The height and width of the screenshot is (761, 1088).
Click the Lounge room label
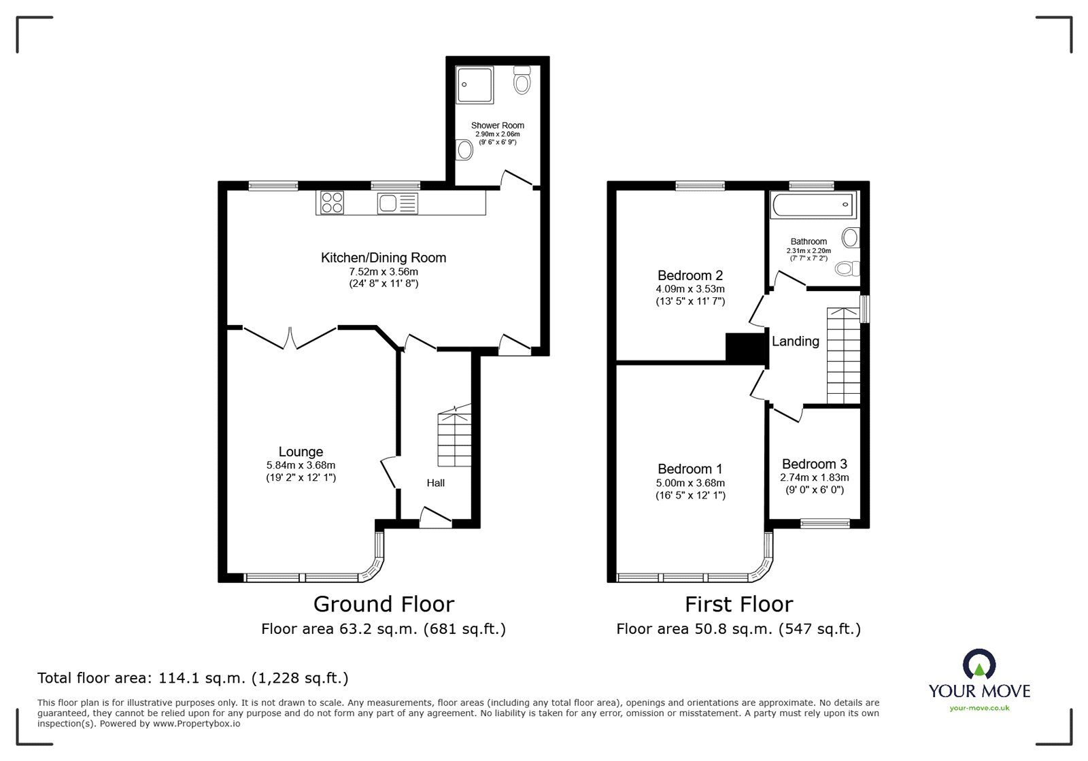[301, 452]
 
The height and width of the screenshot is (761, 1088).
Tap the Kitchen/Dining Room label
[384, 258]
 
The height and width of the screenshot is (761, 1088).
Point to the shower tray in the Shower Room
[475, 84]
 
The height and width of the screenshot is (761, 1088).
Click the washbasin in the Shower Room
[465, 150]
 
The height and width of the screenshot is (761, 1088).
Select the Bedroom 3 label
[814, 464]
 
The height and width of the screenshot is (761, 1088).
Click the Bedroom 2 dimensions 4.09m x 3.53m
[690, 289]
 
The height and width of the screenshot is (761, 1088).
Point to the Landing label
[795, 341]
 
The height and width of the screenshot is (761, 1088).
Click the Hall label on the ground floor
[436, 483]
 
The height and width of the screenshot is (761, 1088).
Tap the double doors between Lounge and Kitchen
[290, 338]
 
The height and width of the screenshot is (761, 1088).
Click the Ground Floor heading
[384, 604]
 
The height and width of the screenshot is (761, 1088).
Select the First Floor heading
[738, 604]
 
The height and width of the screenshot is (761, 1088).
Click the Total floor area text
[192, 678]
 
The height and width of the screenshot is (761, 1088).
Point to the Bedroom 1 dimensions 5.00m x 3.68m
[690, 483]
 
